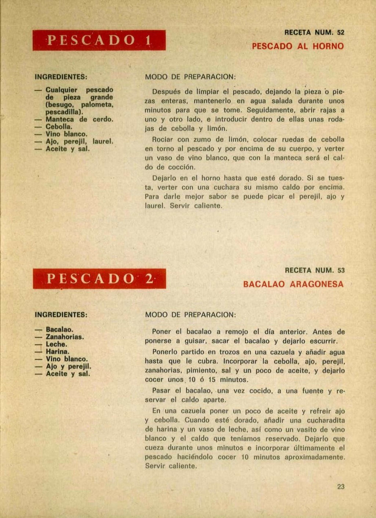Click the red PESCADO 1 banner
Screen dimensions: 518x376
pyautogui.click(x=99, y=40)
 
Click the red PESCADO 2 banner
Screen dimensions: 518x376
pyautogui.click(x=99, y=278)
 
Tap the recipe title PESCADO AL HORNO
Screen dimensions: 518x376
pyautogui.click(x=298, y=46)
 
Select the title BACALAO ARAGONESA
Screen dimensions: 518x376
pyautogui.click(x=293, y=284)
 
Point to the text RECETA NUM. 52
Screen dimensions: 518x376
pyautogui.click(x=314, y=33)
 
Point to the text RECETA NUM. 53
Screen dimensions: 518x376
pyautogui.click(x=315, y=270)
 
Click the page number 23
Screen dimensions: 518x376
pyautogui.click(x=341, y=486)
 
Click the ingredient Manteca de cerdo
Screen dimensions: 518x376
pyautogui.click(x=79, y=119)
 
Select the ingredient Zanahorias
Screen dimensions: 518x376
pyautogui.click(x=65, y=337)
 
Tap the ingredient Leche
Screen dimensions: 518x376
pyautogui.click(x=56, y=344)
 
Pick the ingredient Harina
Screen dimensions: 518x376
pyautogui.click(x=57, y=352)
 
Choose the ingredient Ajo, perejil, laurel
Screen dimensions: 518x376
pyautogui.click(x=79, y=141)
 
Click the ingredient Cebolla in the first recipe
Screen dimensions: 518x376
pyautogui.click(x=59, y=127)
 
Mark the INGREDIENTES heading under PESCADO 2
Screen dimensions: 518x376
pyautogui.click(x=61, y=315)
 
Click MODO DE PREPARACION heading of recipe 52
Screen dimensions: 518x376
pyautogui.click(x=190, y=77)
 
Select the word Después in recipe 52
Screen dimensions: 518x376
pyautogui.click(x=166, y=92)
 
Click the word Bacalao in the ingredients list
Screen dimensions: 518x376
pyautogui.click(x=59, y=330)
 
